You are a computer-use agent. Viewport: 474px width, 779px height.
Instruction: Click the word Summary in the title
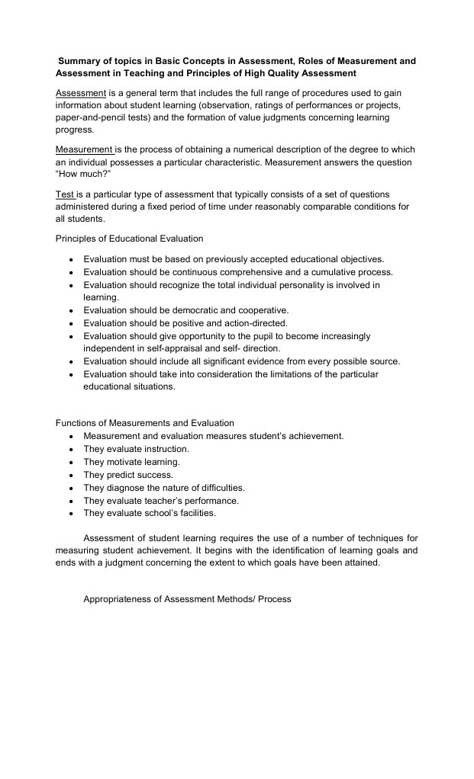[82, 60]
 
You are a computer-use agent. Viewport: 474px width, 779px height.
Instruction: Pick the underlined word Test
[65, 194]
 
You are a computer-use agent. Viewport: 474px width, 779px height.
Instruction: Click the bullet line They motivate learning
[131, 462]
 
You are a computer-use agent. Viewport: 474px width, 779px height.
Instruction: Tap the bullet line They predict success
[128, 475]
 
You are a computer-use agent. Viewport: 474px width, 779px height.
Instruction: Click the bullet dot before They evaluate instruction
[70, 450]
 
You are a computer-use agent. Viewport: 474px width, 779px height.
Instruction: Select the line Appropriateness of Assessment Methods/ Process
[187, 599]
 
